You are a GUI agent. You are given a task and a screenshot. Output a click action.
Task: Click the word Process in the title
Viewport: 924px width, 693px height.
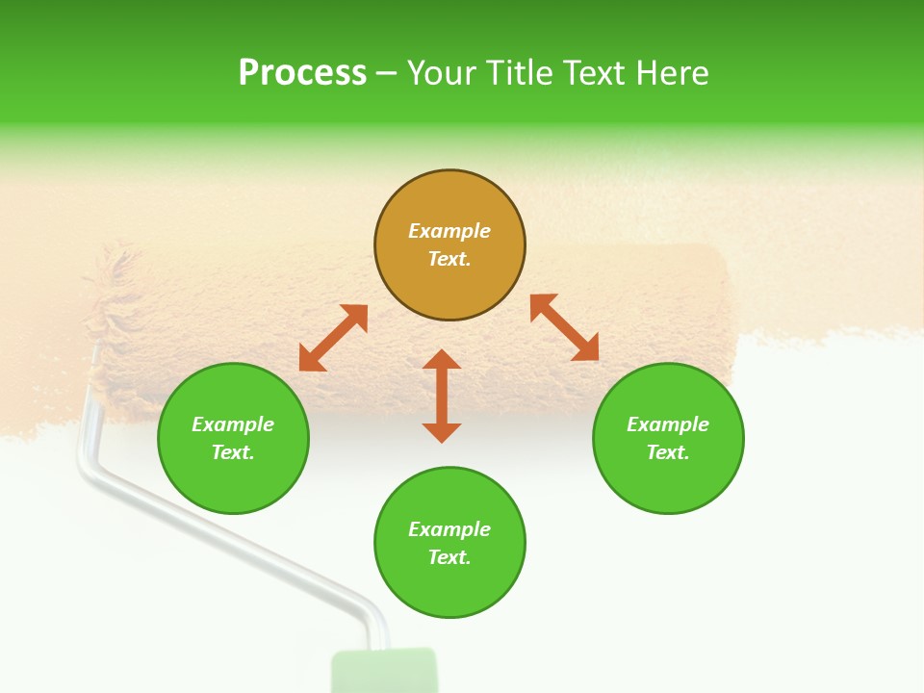pyautogui.click(x=302, y=73)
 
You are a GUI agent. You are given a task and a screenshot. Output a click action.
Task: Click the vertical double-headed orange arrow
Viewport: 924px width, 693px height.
pyautogui.click(x=442, y=396)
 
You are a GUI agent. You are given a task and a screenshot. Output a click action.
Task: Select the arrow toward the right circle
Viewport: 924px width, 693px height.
pyautogui.click(x=564, y=327)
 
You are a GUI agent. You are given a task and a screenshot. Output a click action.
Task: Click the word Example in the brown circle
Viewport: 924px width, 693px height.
pyautogui.click(x=449, y=231)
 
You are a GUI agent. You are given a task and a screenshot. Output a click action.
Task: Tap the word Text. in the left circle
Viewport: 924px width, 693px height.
pyautogui.click(x=233, y=452)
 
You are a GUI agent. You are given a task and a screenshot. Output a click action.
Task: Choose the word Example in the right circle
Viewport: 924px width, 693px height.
pyautogui.click(x=668, y=424)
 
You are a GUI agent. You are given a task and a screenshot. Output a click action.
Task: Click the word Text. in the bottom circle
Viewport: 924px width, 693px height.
pyautogui.click(x=449, y=557)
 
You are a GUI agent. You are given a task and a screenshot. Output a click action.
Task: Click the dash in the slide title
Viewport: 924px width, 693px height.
pyautogui.click(x=386, y=73)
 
